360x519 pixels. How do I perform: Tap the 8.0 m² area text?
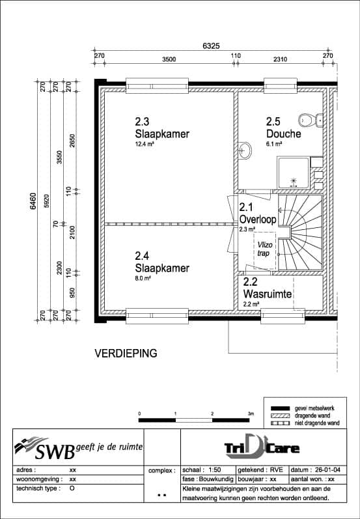[143, 278]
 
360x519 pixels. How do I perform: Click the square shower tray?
[294, 172]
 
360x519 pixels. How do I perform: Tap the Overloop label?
[258, 219]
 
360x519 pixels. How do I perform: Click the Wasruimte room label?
[267, 294]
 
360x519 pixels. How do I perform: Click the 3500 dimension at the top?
[169, 59]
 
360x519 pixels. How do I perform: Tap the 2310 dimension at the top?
[280, 59]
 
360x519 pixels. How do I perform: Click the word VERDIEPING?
[126, 354]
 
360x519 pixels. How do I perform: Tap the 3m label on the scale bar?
[250, 414]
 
